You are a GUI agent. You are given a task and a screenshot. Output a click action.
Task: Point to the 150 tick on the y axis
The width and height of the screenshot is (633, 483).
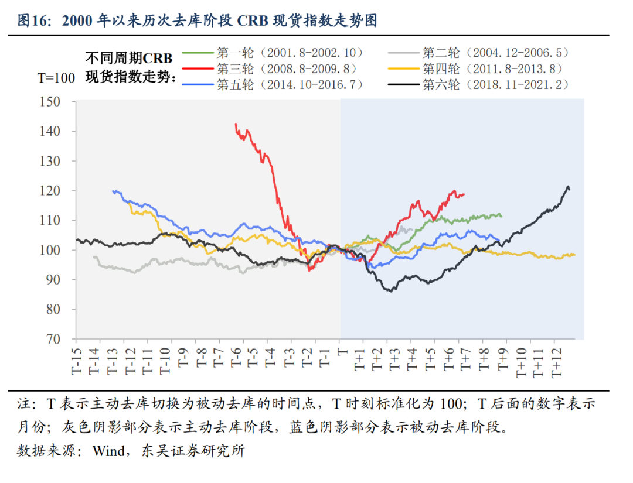coord(58,102)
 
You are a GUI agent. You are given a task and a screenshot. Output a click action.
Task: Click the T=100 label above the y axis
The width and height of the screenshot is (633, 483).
coord(56,78)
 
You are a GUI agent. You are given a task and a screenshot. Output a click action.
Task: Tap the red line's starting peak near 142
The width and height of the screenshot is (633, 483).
coord(236,124)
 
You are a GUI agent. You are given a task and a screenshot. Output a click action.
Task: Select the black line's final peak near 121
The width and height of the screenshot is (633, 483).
coord(567,187)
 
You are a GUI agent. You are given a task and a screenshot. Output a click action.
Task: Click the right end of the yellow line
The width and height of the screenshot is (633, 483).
coord(575,255)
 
